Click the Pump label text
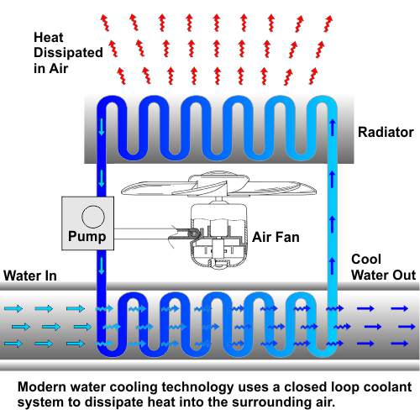pyautogui.click(x=87, y=236)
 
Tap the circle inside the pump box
pyautogui.click(x=93, y=217)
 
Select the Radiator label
pyautogui.click(x=386, y=132)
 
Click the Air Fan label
pyautogui.click(x=276, y=237)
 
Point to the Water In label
pyautogui.click(x=30, y=276)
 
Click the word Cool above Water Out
pyautogui.click(x=366, y=260)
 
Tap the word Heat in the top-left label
pyautogui.click(x=49, y=38)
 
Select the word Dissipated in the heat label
pyautogui.click(x=68, y=53)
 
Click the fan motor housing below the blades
pyautogui.click(x=219, y=235)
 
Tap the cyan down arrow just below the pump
pyautogui.click(x=102, y=266)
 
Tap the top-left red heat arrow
pyautogui.click(x=105, y=23)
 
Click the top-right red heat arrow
pyautogui.click(x=328, y=24)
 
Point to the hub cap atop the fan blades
pyautogui.click(x=219, y=175)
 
